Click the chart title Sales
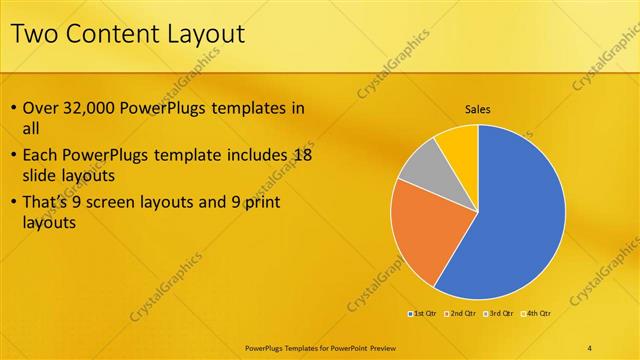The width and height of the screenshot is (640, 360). click(x=478, y=110)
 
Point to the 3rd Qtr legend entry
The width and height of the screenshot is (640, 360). click(x=496, y=313)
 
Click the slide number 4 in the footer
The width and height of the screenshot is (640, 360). click(x=590, y=347)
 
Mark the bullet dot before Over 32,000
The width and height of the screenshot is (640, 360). click(x=12, y=108)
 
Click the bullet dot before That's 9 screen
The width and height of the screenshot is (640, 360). click(x=12, y=202)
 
